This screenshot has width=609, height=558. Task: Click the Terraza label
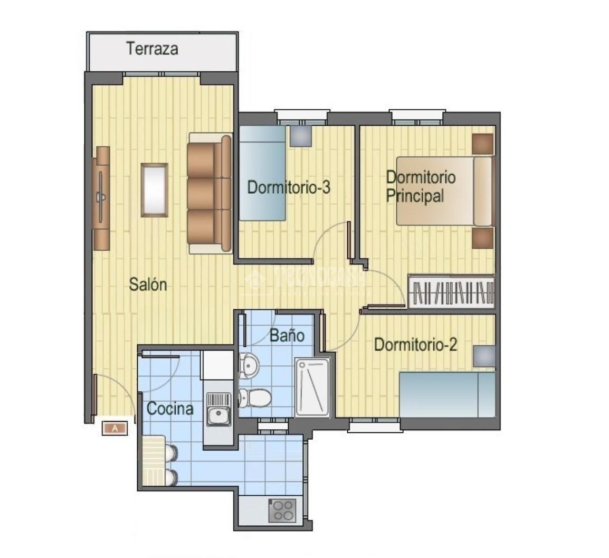[152, 49]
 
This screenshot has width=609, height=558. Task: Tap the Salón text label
[148, 285]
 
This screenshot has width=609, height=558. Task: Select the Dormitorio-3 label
[289, 187]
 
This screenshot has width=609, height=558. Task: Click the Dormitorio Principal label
[420, 186]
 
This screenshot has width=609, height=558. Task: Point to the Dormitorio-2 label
[415, 345]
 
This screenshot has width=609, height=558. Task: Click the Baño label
[287, 335]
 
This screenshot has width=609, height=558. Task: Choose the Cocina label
[169, 409]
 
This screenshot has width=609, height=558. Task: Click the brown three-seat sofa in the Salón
[210, 193]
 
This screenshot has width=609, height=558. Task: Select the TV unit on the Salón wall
[101, 198]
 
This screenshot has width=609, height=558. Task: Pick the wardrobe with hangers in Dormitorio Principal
[452, 292]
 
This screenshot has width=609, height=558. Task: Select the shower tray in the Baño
[312, 387]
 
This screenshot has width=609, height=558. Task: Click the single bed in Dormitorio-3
[262, 173]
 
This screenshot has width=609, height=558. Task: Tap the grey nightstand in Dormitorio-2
[484, 356]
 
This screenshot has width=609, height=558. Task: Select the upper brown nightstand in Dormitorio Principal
[482, 144]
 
